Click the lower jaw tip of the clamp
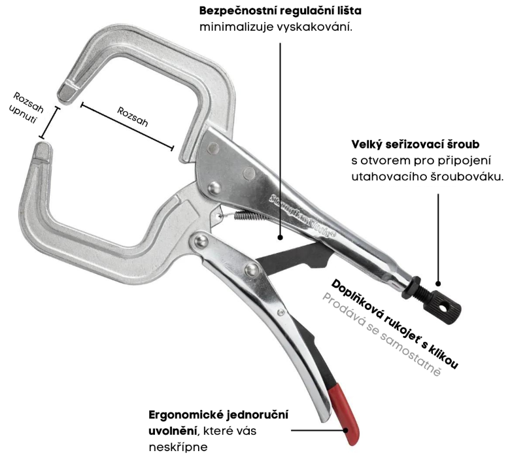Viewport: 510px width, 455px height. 41,152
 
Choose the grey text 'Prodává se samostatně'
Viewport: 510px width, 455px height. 381,335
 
